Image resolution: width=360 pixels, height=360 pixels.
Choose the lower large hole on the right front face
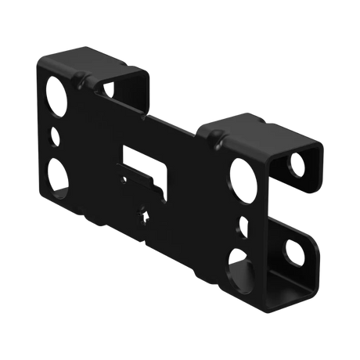(235, 268)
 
